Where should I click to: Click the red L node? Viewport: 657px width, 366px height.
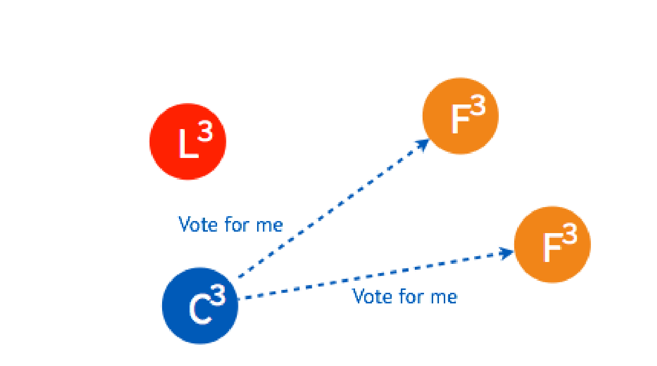(188, 142)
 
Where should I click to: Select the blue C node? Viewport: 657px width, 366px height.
(200, 306)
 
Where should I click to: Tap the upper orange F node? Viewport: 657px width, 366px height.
(460, 116)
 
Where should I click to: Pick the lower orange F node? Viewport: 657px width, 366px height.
(552, 245)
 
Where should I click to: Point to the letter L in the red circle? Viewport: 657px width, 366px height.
(188, 145)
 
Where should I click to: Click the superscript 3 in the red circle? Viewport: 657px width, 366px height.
(205, 132)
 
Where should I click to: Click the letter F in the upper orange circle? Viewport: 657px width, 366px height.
(460, 120)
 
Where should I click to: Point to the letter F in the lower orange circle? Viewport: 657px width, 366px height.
(551, 249)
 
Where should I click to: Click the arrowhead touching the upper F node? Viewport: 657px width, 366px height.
(423, 144)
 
